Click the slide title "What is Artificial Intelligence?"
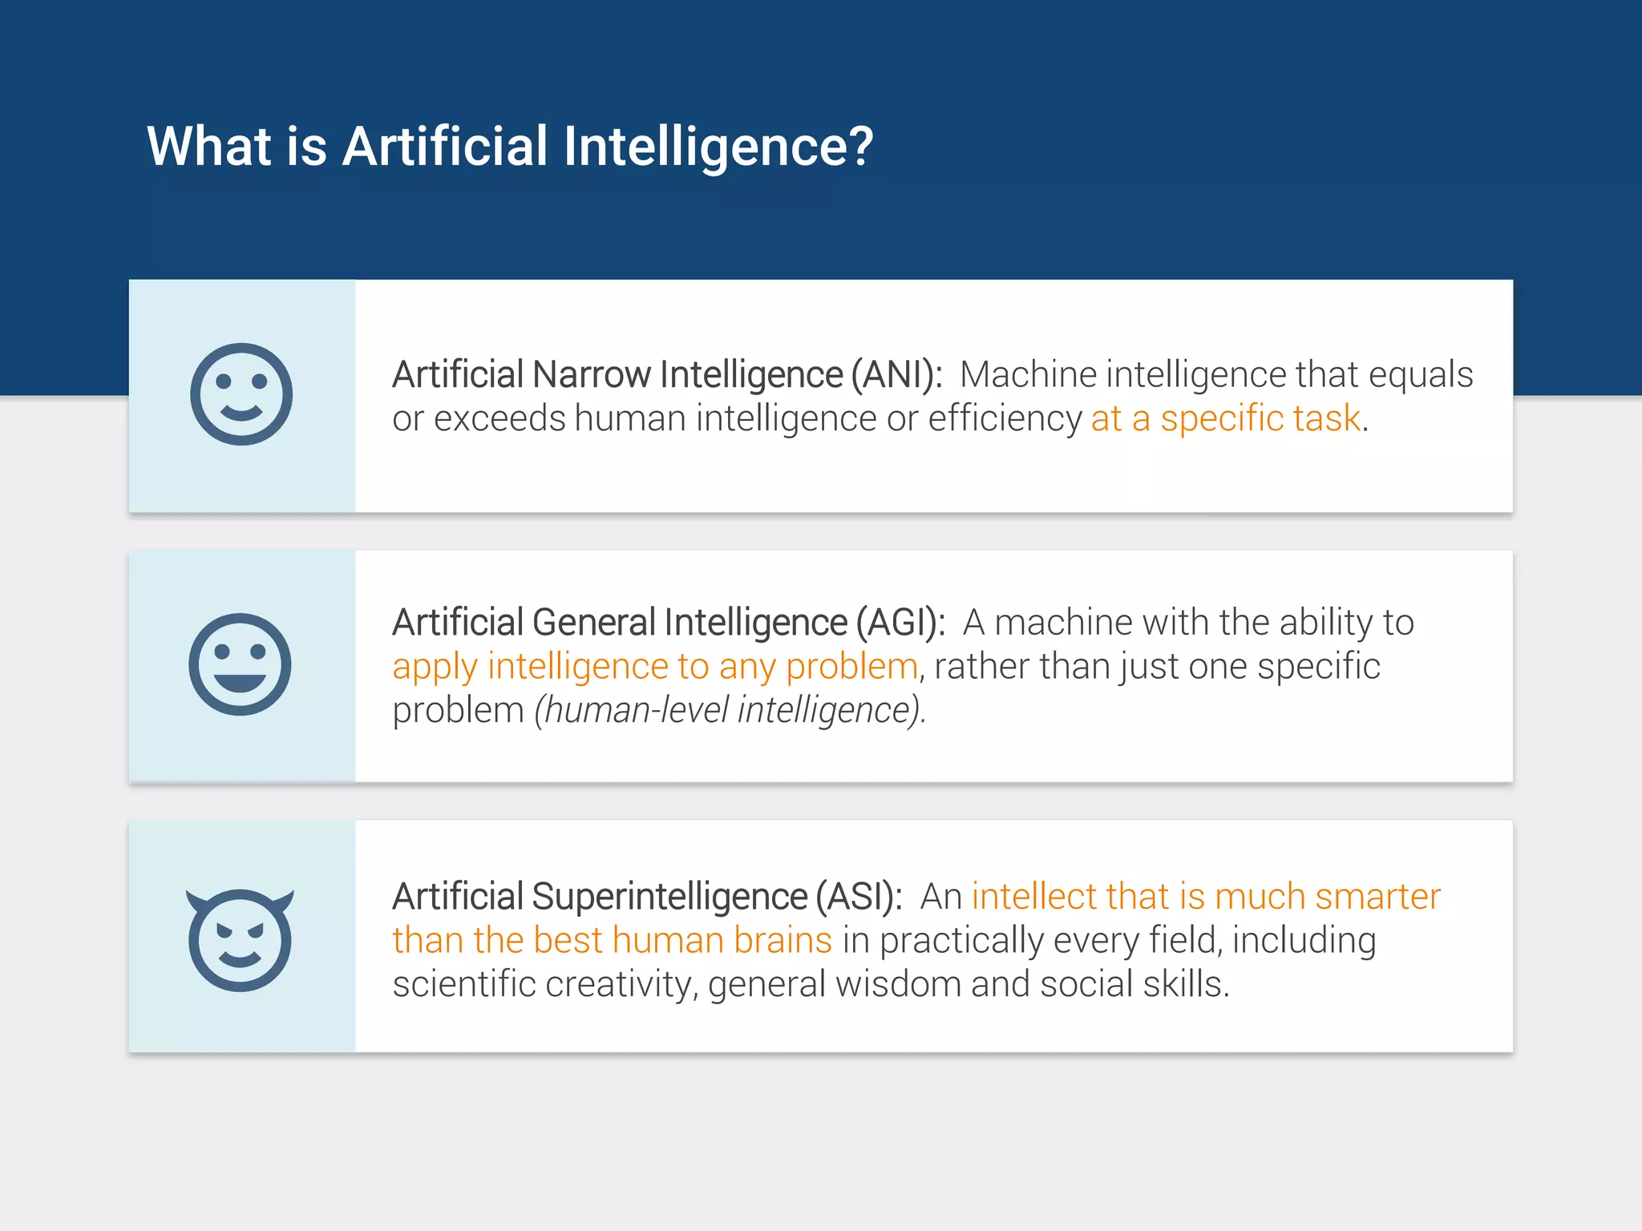click(510, 147)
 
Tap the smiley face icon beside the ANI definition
click(241, 394)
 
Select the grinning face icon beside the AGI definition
click(240, 664)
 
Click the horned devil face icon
click(240, 939)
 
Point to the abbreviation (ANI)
click(896, 375)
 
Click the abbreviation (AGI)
click(900, 623)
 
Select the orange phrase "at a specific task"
click(1226, 419)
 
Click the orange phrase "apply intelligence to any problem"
click(654, 667)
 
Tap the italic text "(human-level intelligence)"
click(730, 711)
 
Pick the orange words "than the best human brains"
click(612, 941)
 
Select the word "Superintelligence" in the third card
click(669, 897)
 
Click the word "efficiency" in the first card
click(1005, 419)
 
